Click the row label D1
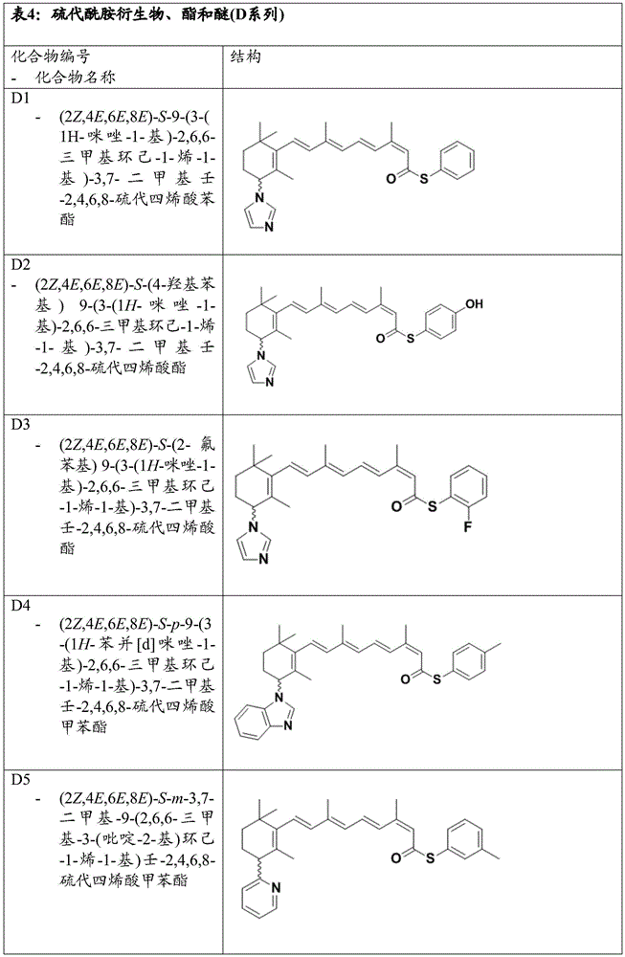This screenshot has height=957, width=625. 21,98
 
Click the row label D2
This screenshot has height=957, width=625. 21,264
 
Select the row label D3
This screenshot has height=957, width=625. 21,424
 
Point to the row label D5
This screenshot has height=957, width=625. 21,779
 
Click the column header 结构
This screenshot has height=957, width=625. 245,56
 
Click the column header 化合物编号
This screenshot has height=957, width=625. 51,56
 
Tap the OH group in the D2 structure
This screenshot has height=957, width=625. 474,303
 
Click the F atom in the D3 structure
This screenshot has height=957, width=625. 467,527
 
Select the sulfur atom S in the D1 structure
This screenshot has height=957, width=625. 424,178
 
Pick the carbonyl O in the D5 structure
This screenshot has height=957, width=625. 395,858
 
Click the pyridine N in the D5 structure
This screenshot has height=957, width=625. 276,887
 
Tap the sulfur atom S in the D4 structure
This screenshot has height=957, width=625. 437,679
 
